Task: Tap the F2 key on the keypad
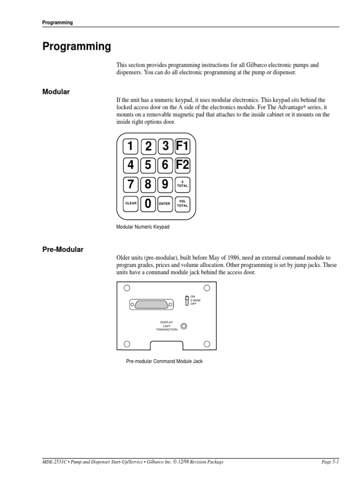(182, 165)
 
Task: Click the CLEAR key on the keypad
(131, 203)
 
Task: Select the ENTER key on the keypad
(165, 203)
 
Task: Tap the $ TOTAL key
(182, 184)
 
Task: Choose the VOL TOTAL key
(182, 203)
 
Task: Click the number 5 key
(148, 165)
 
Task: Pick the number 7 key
(131, 184)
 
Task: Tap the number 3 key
(165, 146)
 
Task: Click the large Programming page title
(77, 47)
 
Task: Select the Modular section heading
(56, 92)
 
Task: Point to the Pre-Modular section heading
(63, 249)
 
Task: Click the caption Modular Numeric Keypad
(142, 227)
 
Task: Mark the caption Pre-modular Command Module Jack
(164, 361)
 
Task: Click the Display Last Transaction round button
(185, 326)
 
